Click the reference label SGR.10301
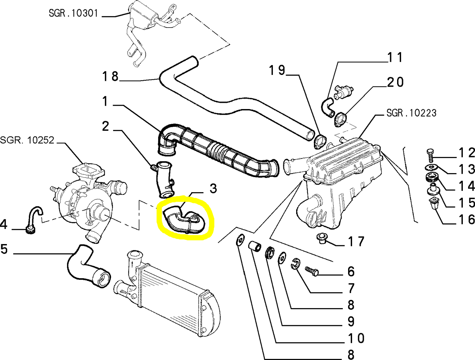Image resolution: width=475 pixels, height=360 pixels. pyautogui.click(x=73, y=13)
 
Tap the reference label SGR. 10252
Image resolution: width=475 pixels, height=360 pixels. pyautogui.click(x=27, y=140)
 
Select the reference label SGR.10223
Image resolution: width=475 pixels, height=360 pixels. pyautogui.click(x=411, y=113)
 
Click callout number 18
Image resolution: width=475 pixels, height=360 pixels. pyautogui.click(x=110, y=77)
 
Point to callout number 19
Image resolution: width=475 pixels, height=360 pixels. pyautogui.click(x=277, y=70)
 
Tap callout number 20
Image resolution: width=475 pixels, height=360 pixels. pyautogui.click(x=395, y=82)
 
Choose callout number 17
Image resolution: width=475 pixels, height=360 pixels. pyautogui.click(x=356, y=241)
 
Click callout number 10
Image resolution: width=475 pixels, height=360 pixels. pyautogui.click(x=356, y=338)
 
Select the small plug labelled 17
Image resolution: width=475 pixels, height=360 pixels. pyautogui.click(x=321, y=238)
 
